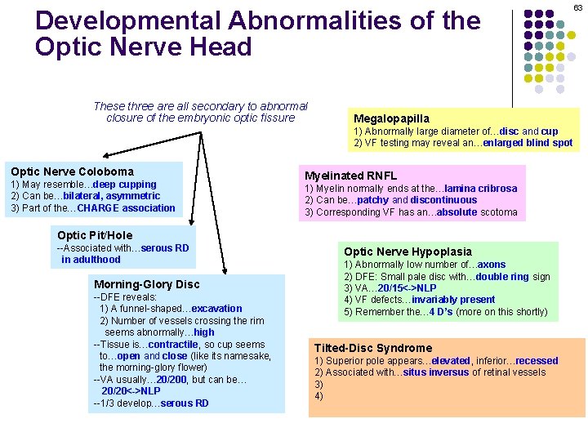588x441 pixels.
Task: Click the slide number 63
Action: point(577,7)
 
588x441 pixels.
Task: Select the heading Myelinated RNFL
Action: point(350,176)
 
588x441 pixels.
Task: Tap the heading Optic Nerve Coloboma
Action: point(72,171)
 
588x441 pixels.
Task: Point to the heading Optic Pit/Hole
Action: point(94,235)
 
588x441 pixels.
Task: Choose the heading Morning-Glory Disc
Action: point(146,284)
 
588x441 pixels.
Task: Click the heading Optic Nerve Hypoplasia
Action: point(408,252)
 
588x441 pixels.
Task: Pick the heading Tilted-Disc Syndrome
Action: point(373,348)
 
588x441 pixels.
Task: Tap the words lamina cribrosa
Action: point(486,188)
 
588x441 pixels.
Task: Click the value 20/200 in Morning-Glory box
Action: point(172,380)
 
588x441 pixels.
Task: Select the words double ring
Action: point(503,276)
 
